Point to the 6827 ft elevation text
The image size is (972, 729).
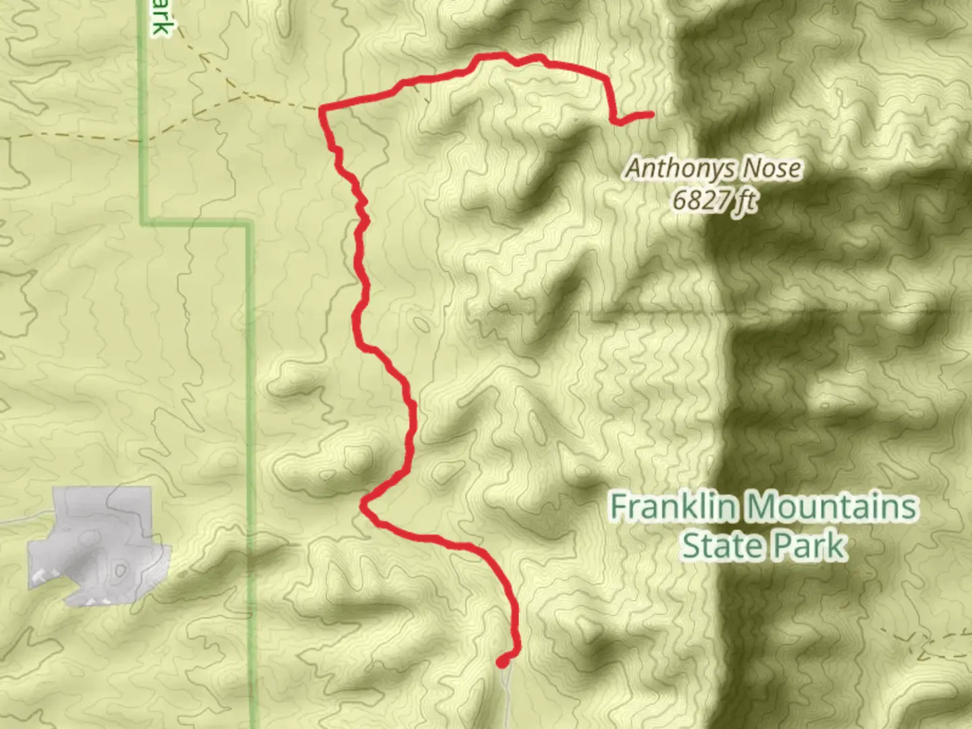[x=714, y=200]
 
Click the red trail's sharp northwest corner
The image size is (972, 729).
[x=323, y=109]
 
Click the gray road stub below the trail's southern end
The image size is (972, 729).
[x=506, y=695]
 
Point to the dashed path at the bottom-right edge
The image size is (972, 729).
[x=945, y=638]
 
